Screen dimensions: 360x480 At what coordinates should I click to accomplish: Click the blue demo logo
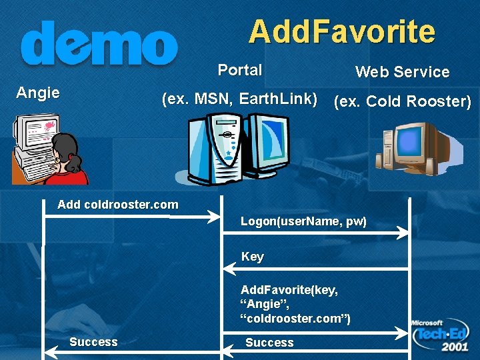(x=99, y=44)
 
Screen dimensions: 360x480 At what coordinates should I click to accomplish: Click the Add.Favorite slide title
(x=341, y=31)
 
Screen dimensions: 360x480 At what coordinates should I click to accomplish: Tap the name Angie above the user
(x=38, y=93)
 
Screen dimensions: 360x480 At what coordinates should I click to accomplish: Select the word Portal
(x=240, y=70)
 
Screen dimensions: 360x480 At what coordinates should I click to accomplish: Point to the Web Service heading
(x=402, y=72)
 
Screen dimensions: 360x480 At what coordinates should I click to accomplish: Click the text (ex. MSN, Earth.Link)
(x=240, y=100)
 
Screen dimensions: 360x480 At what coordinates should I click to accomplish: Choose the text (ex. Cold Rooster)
(x=402, y=101)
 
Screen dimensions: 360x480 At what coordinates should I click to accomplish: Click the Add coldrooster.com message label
(x=118, y=205)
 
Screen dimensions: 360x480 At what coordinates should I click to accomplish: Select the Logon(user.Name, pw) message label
(x=303, y=221)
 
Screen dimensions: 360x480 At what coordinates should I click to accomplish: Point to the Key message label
(x=253, y=257)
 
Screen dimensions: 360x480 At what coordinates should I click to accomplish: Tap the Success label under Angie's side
(x=93, y=342)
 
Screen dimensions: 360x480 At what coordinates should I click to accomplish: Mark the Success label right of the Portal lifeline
(x=269, y=343)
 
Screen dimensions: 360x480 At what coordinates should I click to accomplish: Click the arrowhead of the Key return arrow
(x=227, y=269)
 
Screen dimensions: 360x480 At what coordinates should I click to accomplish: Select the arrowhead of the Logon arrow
(x=403, y=233)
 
